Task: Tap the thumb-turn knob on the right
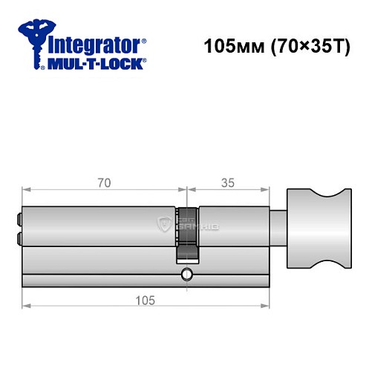tap(313, 229)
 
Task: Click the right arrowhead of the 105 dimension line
tap(267, 305)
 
